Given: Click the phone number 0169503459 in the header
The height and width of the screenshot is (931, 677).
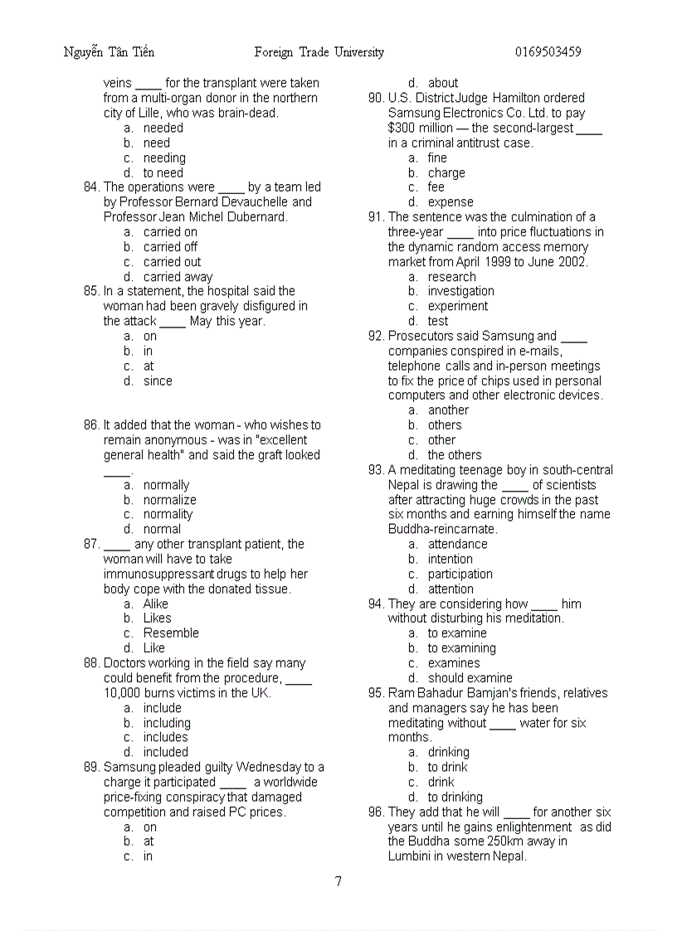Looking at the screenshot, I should tap(548, 52).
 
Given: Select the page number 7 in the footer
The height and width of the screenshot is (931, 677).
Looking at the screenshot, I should tap(338, 881).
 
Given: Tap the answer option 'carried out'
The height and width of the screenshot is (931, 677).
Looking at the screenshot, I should tap(172, 262).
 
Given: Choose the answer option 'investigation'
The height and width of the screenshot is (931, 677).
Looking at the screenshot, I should tap(460, 291).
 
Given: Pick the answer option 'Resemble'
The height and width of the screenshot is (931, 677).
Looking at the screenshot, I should tap(171, 633).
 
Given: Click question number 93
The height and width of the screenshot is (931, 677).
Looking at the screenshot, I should tap(376, 470).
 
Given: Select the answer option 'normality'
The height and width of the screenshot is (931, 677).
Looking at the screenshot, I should tap(168, 514).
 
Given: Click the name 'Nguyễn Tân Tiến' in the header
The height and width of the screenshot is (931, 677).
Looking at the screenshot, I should tap(109, 52).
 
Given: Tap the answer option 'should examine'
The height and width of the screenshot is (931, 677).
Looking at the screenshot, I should tap(470, 677).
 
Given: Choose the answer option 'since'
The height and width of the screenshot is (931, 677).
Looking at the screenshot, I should tap(158, 381).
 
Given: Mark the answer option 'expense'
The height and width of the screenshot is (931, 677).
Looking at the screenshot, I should tap(451, 202).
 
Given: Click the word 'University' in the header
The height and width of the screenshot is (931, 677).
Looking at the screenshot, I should tap(359, 52).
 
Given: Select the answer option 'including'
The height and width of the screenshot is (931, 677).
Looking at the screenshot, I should tap(167, 723).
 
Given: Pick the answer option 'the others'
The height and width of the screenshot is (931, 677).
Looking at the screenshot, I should tap(454, 455).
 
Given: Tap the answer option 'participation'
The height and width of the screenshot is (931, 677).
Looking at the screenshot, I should tap(460, 574).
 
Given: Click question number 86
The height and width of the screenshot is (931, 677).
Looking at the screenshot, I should tap(91, 425).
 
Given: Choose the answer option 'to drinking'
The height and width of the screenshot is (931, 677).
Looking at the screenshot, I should tap(455, 797).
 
